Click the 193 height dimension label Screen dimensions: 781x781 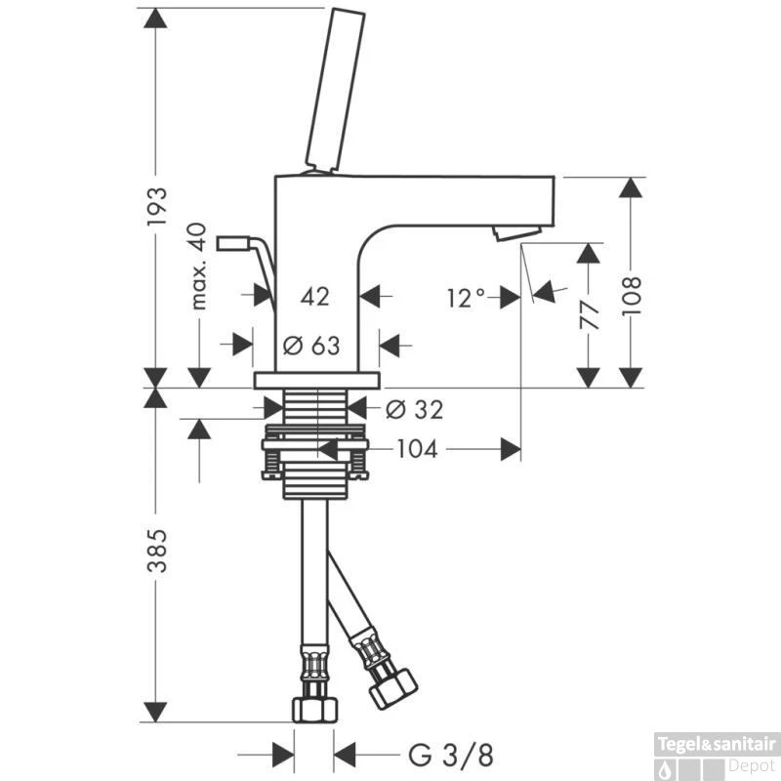click(x=157, y=207)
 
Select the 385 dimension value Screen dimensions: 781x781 click(x=157, y=552)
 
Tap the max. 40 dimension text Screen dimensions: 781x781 click(x=198, y=267)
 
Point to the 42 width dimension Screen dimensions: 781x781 click(x=314, y=296)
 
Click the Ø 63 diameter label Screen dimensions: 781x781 click(x=311, y=345)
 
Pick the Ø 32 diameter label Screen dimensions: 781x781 click(x=414, y=410)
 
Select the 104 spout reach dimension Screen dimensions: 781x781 click(x=417, y=449)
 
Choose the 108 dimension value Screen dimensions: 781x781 click(x=633, y=293)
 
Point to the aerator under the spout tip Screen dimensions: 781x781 click(x=515, y=231)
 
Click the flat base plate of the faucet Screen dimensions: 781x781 click(x=316, y=380)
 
